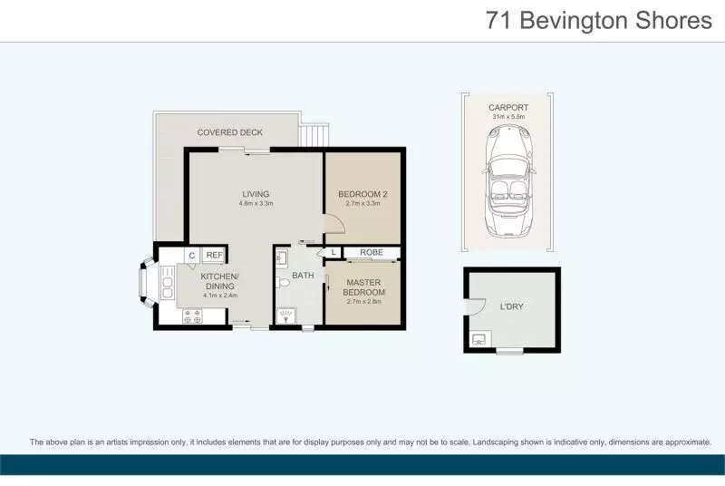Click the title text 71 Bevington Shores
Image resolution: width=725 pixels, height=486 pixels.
(x=599, y=20)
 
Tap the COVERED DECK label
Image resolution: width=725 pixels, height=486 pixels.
(x=230, y=132)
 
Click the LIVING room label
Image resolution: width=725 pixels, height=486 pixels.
(x=256, y=194)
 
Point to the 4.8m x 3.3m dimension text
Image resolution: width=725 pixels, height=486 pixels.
(x=256, y=204)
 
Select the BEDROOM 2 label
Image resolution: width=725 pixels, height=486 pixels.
(x=362, y=194)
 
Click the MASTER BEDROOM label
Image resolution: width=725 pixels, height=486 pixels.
(x=365, y=287)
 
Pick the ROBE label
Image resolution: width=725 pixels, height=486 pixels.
(x=371, y=252)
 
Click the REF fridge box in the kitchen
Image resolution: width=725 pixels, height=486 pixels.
(x=214, y=256)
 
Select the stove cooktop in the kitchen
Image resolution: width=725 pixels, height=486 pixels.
(x=193, y=316)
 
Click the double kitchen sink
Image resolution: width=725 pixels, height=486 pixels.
(x=168, y=281)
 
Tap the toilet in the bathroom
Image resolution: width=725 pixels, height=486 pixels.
(x=284, y=283)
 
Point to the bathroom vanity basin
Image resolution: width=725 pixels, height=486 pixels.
(x=281, y=258)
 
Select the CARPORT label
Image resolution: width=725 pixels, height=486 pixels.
(x=509, y=107)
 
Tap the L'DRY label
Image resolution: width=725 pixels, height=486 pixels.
(x=512, y=306)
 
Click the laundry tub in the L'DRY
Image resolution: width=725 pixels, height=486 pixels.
(x=478, y=340)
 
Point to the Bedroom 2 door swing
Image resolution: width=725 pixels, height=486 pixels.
(x=331, y=223)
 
